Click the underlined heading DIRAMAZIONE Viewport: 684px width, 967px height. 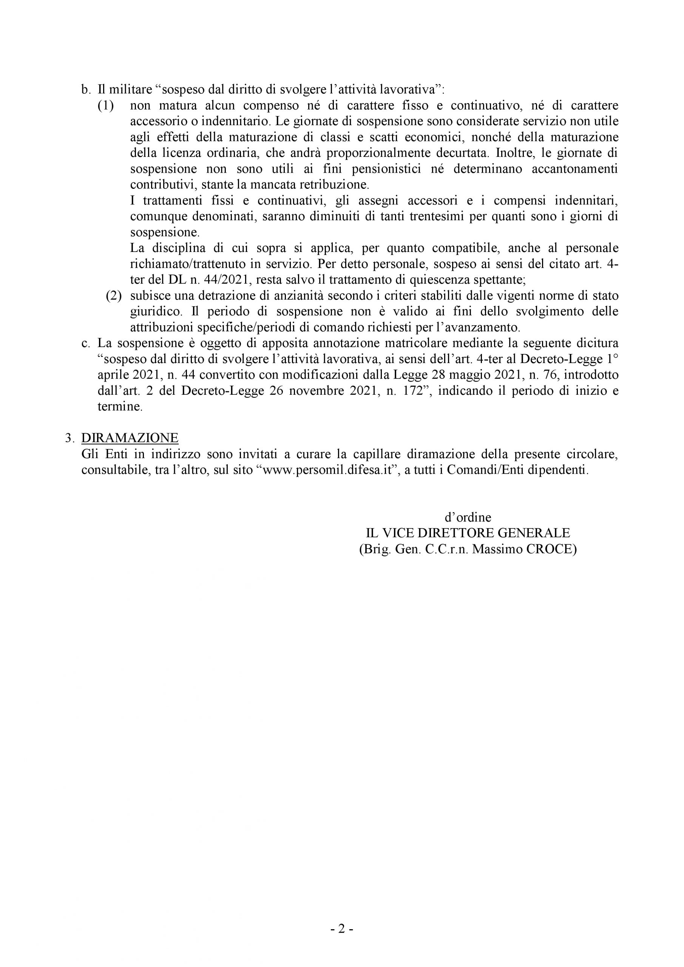(130, 438)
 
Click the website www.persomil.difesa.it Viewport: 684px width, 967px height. (328, 470)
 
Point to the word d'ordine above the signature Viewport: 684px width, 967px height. (468, 517)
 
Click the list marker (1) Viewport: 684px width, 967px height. (106, 106)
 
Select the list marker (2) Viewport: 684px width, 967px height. (114, 296)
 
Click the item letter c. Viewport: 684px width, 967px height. (86, 343)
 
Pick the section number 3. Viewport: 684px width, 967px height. (69, 438)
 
